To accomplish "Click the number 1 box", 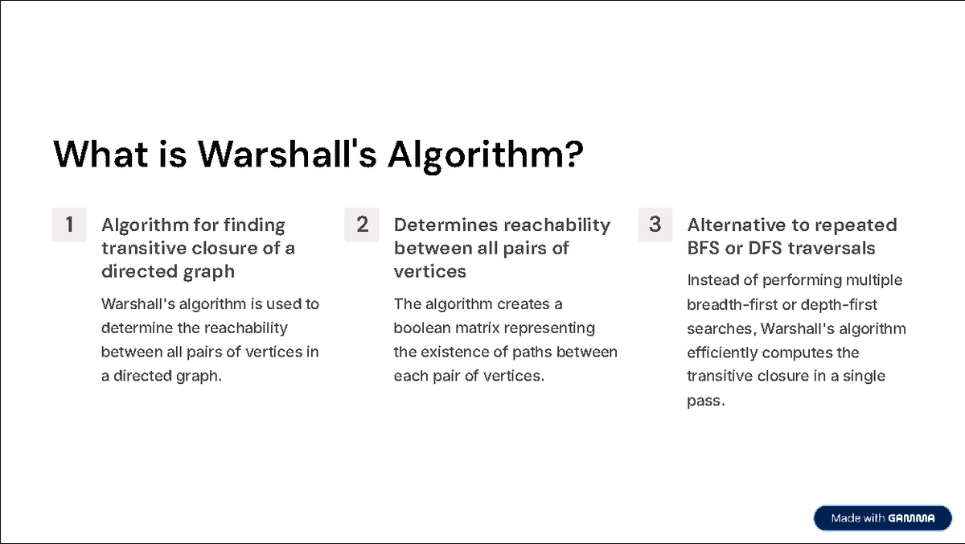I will click(69, 225).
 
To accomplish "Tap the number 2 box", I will click(362, 225).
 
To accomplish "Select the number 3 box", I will click(655, 225).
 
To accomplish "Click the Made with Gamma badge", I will click(882, 518).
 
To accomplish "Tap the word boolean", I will click(420, 328).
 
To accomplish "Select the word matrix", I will click(474, 328).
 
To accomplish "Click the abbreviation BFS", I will click(704, 249).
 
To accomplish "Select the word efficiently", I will click(721, 352).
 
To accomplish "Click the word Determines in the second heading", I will click(445, 225).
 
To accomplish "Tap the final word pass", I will click(704, 401).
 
